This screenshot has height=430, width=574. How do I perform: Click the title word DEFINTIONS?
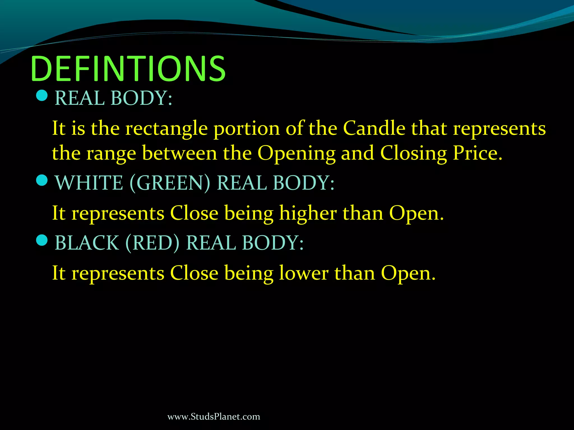(128, 69)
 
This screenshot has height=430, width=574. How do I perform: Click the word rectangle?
(166, 129)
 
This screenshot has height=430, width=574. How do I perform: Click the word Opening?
(296, 154)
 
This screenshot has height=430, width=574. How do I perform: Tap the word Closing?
(413, 154)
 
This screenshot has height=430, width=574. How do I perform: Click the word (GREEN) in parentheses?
(170, 183)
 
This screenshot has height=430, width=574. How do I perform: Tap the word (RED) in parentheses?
(152, 242)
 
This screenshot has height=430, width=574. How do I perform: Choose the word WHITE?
(89, 183)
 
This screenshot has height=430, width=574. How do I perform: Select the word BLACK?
(87, 242)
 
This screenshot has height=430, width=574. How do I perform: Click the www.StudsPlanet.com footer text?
(214, 417)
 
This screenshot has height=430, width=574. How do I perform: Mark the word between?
(179, 153)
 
